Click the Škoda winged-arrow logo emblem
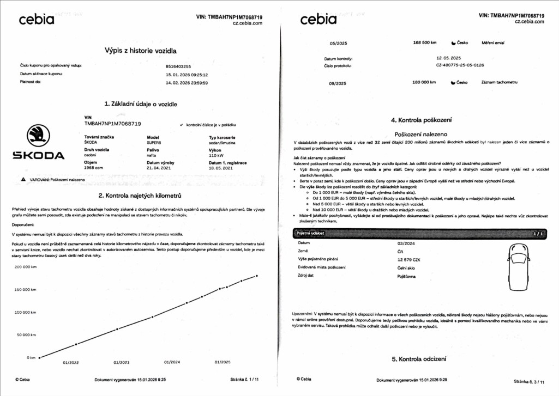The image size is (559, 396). click(38, 135)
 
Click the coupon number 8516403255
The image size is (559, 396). click(178, 66)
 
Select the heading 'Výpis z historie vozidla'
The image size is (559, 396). click(140, 51)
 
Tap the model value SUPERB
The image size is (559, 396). click(154, 142)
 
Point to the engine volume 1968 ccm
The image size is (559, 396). click(94, 168)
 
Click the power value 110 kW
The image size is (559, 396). click(217, 155)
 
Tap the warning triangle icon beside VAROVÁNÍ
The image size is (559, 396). click(23, 179)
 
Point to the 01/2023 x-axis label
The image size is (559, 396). click(122, 362)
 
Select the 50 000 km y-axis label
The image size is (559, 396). click(26, 334)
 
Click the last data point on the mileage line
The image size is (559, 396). click(257, 276)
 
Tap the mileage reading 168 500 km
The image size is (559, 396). click(425, 42)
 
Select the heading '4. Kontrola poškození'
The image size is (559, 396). click(421, 120)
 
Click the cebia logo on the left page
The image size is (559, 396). click(37, 20)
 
